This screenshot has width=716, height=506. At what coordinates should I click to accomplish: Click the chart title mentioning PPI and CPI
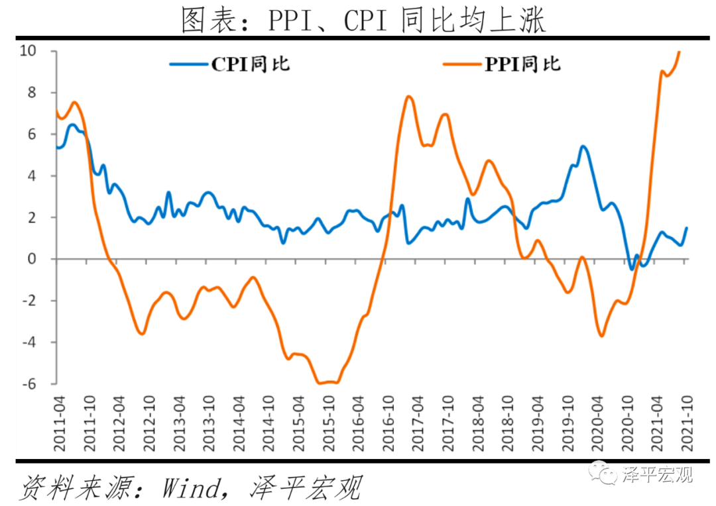[x=364, y=21]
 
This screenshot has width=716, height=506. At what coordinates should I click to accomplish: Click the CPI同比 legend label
[x=250, y=64]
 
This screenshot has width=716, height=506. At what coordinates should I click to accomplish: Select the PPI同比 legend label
[x=522, y=64]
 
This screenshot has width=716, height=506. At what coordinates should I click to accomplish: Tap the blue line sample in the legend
[x=189, y=64]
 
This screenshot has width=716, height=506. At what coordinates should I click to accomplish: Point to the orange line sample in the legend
[x=461, y=64]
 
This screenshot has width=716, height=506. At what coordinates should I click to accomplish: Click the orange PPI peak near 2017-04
[x=408, y=97]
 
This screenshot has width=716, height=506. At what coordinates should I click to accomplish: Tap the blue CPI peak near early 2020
[x=583, y=146]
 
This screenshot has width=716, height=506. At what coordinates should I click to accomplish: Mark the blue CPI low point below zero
[x=631, y=269]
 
